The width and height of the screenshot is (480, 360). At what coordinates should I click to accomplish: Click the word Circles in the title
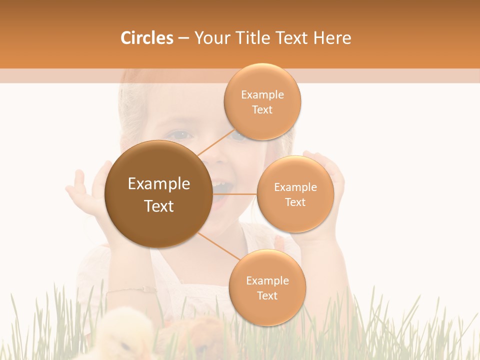[x=147, y=38]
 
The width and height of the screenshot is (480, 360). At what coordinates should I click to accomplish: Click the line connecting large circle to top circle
[x=215, y=142]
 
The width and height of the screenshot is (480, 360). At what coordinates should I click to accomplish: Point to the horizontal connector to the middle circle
[x=234, y=194]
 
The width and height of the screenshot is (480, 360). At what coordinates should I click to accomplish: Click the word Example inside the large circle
[x=159, y=184]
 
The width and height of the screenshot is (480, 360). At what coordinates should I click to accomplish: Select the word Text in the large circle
[x=159, y=206]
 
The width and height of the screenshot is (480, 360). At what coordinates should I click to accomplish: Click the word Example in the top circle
[x=262, y=95]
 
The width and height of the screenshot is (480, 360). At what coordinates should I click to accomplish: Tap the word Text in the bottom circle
[x=267, y=296]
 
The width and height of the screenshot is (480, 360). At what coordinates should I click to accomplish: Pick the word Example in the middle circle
[x=295, y=187]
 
